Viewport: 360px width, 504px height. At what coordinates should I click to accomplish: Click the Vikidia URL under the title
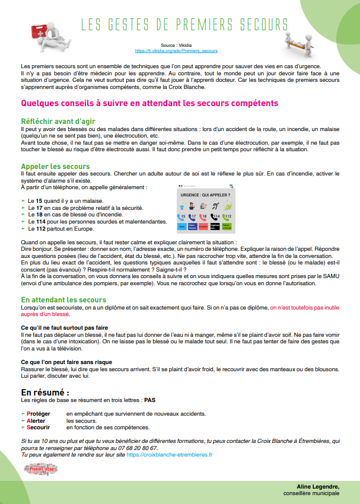(x=176, y=51)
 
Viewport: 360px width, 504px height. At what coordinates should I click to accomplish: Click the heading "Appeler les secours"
(x=55, y=167)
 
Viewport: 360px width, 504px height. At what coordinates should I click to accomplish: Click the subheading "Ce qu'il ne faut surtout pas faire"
(x=64, y=327)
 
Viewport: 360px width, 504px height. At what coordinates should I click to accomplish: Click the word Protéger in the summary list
(x=39, y=413)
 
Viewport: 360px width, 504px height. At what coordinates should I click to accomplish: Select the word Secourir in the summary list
(x=39, y=427)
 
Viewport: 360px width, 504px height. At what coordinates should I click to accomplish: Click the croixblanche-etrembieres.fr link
(x=169, y=454)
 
